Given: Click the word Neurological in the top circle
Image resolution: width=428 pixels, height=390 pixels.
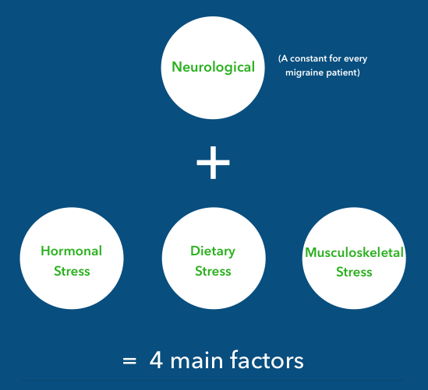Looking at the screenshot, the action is click(213, 67).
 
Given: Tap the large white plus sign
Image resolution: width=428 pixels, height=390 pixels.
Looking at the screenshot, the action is click(213, 163).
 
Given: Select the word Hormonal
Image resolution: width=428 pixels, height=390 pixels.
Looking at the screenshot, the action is click(71, 251).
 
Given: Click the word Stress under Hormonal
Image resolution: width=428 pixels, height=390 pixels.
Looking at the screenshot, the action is click(72, 271).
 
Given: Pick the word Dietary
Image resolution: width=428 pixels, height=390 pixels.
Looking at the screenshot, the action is click(213, 251).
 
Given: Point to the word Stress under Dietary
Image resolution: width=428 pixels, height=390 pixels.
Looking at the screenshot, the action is click(213, 271).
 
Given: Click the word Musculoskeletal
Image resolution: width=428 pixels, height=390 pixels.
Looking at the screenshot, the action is click(354, 252).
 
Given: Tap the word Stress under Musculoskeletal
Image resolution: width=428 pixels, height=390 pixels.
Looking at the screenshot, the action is click(354, 272).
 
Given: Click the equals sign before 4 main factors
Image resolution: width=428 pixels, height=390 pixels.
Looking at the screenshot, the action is click(129, 361).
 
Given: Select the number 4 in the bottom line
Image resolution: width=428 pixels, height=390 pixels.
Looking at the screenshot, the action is click(156, 360).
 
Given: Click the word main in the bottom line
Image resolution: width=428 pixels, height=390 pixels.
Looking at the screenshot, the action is click(196, 360).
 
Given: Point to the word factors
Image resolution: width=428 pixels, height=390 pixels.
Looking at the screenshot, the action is click(267, 360).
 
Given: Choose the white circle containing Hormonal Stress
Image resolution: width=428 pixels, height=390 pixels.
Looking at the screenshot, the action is click(72, 258).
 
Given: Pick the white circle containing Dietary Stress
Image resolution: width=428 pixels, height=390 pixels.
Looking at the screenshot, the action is click(214, 258).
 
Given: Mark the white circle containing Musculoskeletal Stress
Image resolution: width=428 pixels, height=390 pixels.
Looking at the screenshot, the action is click(354, 258).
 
